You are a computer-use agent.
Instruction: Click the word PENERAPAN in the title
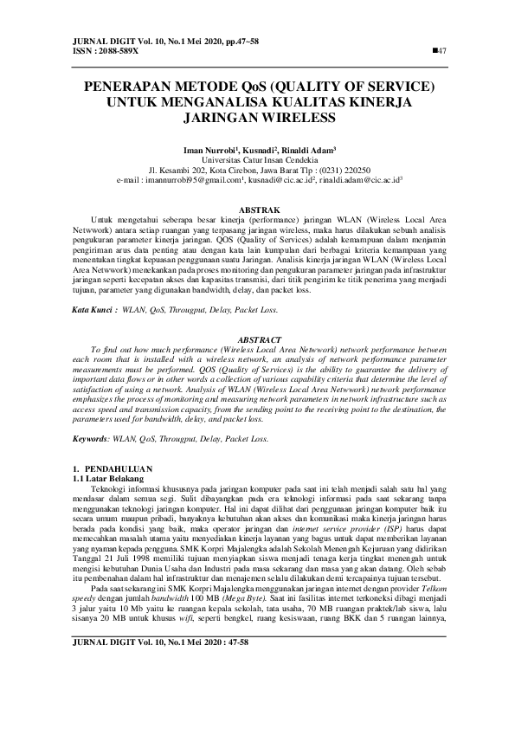[x=132, y=87]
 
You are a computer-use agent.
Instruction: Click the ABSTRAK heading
[x=257, y=210]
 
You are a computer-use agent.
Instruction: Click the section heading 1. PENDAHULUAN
[x=113, y=468]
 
